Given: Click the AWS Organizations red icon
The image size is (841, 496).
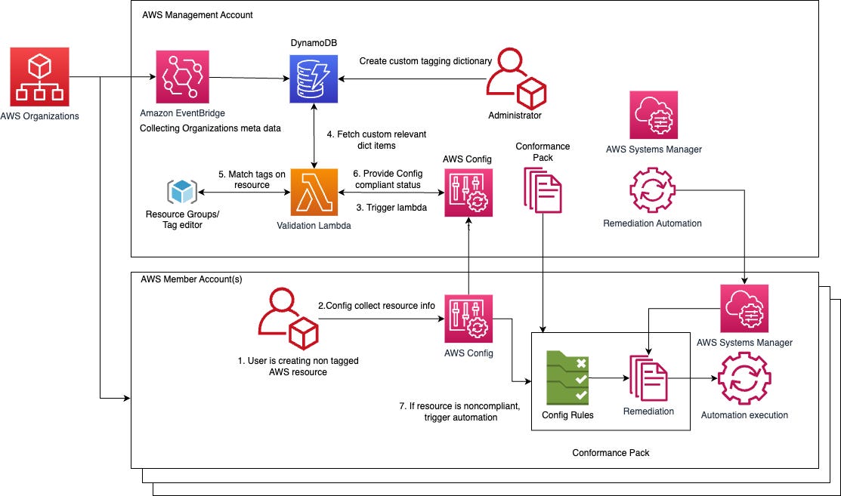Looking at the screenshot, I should pos(40,77).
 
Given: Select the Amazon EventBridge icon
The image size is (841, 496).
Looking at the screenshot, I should pos(181,77).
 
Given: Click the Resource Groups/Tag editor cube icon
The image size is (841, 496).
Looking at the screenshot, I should pos(181,192).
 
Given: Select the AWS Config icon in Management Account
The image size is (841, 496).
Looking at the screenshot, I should pos(468,193).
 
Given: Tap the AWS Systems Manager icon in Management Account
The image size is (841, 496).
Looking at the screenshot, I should pos(654,115).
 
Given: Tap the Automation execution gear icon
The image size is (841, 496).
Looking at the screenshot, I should pos(744,377).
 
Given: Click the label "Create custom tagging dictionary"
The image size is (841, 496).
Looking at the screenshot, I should pos(425,61).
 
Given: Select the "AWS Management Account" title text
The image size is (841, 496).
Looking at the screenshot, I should pos(197,15).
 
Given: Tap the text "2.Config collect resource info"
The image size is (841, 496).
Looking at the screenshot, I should pos(376,306).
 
